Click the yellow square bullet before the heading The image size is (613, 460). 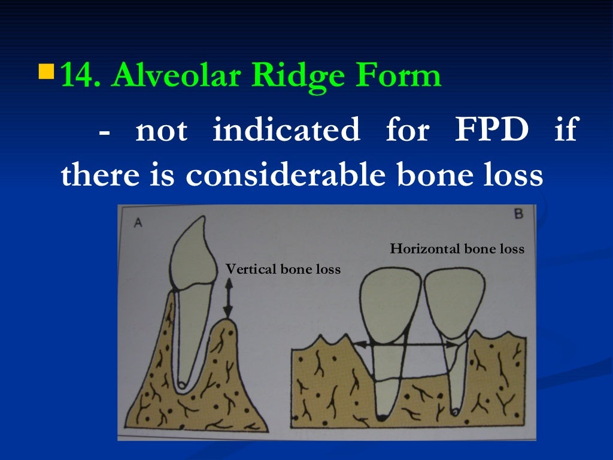(45, 73)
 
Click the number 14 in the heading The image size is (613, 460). (80, 77)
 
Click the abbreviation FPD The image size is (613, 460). (491, 130)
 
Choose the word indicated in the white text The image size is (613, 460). (286, 130)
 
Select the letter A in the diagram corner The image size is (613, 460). (138, 223)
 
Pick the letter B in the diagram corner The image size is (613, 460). (518, 214)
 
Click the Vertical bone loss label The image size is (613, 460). (283, 270)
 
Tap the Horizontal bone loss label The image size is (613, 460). (457, 249)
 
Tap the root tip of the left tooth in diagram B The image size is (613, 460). (381, 416)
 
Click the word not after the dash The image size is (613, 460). (162, 130)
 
